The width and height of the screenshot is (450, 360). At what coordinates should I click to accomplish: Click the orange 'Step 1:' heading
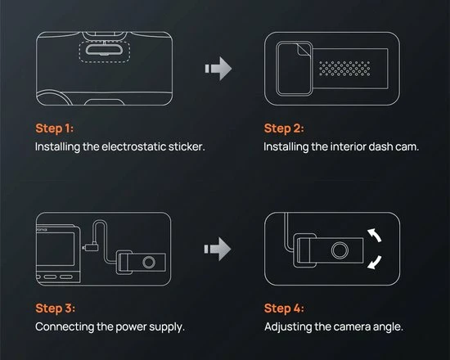(x=55, y=128)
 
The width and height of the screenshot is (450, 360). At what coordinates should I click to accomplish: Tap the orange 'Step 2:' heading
(x=284, y=128)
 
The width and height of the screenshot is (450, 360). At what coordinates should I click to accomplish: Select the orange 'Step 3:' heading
(x=55, y=308)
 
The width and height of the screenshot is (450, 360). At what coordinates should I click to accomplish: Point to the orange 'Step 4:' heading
(x=284, y=308)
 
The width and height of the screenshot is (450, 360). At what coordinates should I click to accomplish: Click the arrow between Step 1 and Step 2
(x=218, y=69)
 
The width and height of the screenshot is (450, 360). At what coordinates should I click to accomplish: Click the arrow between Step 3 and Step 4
(x=218, y=249)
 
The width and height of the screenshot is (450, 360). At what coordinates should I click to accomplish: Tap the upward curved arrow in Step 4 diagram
(x=376, y=234)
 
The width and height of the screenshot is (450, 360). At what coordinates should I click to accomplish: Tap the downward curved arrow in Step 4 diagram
(x=376, y=263)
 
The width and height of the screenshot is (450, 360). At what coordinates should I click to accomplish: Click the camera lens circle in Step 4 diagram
(x=340, y=250)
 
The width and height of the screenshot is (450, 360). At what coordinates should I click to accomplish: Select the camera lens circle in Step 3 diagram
(x=149, y=262)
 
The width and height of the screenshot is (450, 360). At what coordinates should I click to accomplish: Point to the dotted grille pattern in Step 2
(x=344, y=69)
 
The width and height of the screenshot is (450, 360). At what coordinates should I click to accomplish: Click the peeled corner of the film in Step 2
(x=303, y=51)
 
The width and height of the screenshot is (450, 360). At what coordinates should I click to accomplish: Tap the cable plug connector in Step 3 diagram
(x=90, y=247)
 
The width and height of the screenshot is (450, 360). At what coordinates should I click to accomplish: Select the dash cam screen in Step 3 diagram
(x=56, y=249)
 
